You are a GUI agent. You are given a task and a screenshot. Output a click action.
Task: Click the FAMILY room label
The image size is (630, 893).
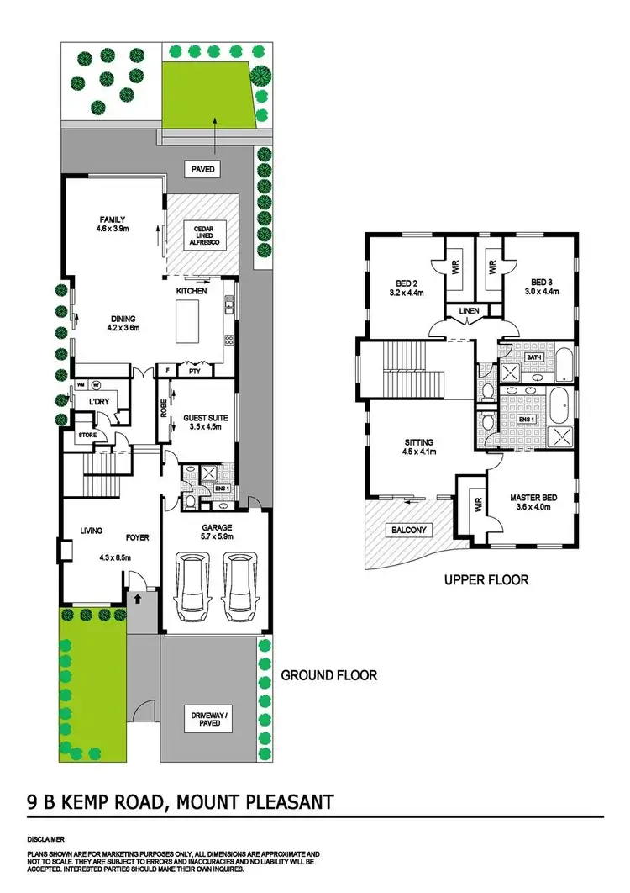coord(110,222)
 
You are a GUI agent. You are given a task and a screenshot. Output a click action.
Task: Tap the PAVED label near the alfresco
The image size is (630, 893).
coord(203,169)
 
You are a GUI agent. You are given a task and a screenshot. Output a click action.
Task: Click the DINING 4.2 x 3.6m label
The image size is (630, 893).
coord(122,323)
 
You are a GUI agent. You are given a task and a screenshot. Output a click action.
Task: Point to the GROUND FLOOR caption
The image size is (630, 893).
coord(328,674)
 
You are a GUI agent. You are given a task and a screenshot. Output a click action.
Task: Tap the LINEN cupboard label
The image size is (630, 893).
coord(468,313)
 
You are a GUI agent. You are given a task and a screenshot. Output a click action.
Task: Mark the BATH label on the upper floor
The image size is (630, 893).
coord(533,357)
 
